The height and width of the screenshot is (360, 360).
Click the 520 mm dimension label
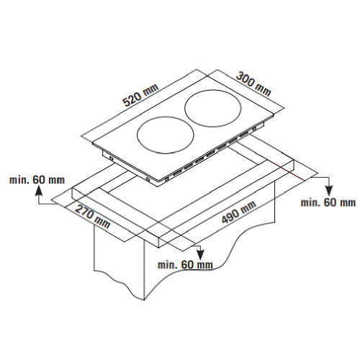(x=140, y=95)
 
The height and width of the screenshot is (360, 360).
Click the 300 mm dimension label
(x=253, y=84)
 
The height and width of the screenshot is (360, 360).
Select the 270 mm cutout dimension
(x=92, y=216)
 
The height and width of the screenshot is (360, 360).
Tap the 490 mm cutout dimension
(x=238, y=212)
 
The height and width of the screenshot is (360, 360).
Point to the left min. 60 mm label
(x=37, y=180)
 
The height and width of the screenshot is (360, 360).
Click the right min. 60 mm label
(x=328, y=202)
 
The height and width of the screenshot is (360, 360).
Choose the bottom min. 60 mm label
(x=185, y=265)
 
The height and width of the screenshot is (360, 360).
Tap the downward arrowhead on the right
(x=328, y=191)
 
